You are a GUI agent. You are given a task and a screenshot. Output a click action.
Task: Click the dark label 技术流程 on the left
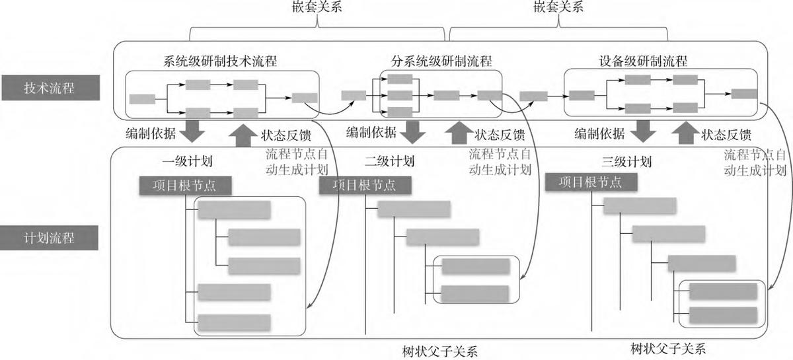(50, 89)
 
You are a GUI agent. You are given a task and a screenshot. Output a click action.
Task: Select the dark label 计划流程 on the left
(50, 238)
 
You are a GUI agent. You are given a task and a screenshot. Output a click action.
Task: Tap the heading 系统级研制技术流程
(219, 61)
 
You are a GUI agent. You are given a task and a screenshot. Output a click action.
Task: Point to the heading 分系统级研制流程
(441, 61)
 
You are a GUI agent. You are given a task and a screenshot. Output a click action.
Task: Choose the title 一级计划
(186, 161)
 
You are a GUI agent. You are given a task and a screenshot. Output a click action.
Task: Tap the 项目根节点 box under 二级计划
(366, 186)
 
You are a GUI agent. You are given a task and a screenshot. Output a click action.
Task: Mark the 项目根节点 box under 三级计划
(592, 183)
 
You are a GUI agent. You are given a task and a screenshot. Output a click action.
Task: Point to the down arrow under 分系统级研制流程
(414, 131)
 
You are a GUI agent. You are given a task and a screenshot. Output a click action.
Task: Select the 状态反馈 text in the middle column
(500, 135)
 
